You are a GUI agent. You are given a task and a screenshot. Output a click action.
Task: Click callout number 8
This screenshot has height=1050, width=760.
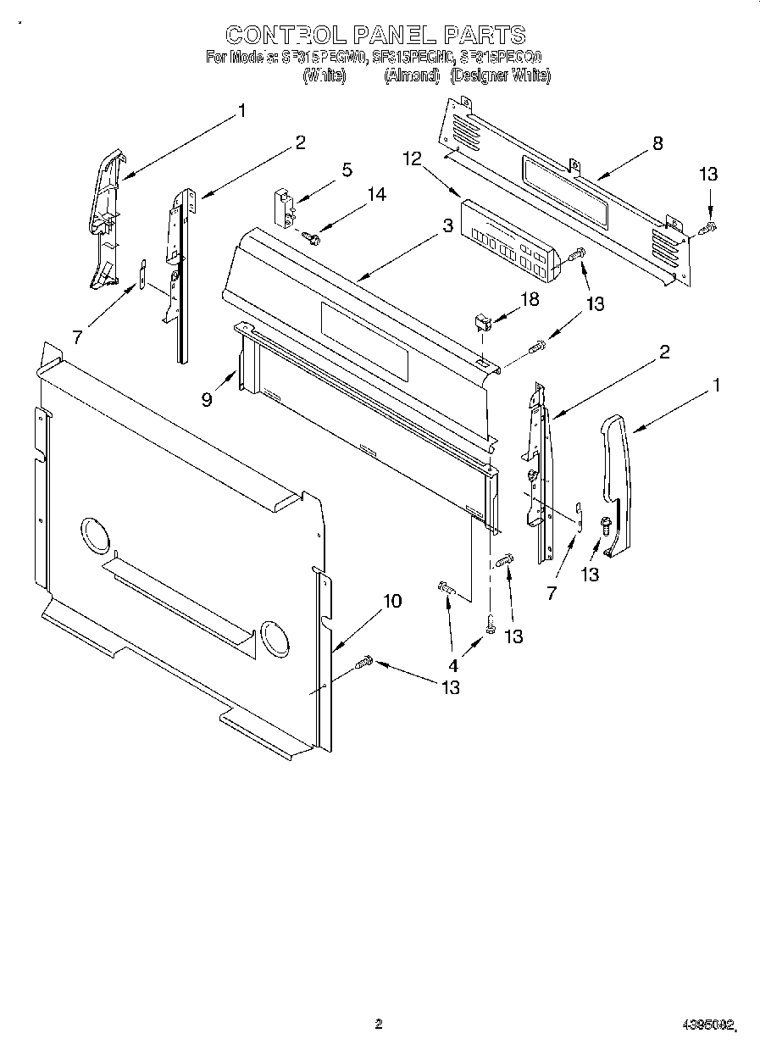pyautogui.click(x=657, y=143)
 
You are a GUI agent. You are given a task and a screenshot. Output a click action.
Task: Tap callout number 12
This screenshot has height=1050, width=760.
pyautogui.click(x=412, y=158)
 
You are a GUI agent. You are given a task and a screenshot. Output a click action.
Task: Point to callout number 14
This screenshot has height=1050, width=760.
pyautogui.click(x=376, y=195)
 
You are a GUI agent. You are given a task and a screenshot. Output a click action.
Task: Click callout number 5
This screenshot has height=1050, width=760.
pyautogui.click(x=347, y=169)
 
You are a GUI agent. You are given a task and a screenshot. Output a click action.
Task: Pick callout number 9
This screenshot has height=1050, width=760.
pyautogui.click(x=207, y=399)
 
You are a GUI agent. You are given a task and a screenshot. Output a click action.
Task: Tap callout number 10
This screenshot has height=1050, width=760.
pyautogui.click(x=391, y=601)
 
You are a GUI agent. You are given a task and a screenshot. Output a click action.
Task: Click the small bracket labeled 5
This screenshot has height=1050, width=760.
pyautogui.click(x=282, y=207)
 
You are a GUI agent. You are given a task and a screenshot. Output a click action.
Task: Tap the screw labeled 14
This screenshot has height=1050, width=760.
pyautogui.click(x=312, y=238)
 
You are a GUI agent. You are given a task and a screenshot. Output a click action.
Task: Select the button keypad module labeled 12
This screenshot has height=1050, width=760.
pyautogui.click(x=505, y=238)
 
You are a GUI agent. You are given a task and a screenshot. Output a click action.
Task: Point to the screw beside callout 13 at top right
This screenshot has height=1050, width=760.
pyautogui.click(x=710, y=226)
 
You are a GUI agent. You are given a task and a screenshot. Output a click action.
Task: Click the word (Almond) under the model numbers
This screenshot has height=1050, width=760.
pyautogui.click(x=412, y=76)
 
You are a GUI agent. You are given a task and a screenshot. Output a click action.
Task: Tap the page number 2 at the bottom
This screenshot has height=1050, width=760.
pyautogui.click(x=379, y=1024)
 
